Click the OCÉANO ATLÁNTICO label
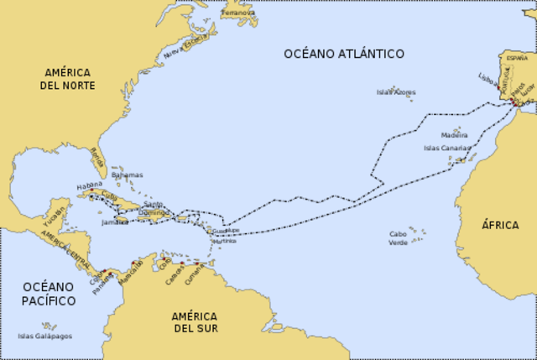[343, 54]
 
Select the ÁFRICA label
[499, 225]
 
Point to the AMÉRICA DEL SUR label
[195, 322]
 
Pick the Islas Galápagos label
[44, 337]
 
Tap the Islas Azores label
[394, 91]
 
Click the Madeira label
[454, 134]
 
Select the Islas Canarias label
[447, 148]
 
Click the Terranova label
[239, 13]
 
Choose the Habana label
[89, 185]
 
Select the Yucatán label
[54, 217]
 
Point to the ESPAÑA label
[518, 60]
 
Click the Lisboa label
[487, 77]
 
